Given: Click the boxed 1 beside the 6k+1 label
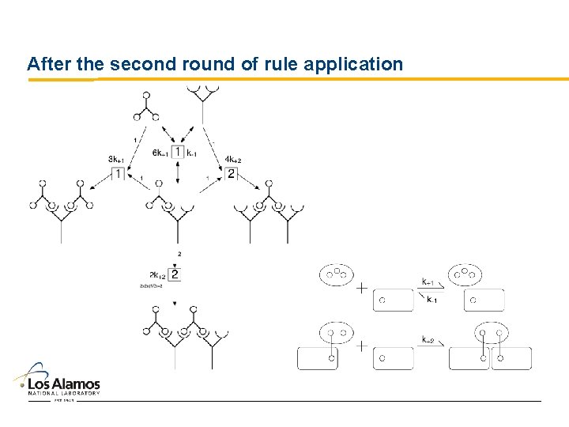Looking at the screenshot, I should tap(178, 152).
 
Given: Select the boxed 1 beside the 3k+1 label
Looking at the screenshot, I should tap(118, 173).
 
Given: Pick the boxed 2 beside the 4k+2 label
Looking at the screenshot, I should tap(232, 173).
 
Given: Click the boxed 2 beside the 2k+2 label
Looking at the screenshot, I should tap(175, 275).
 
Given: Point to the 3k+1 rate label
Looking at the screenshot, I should tap(117, 160).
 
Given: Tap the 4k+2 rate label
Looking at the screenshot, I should tap(232, 160).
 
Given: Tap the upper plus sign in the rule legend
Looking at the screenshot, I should tap(361, 289).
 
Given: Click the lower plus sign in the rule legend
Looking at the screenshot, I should tap(361, 346).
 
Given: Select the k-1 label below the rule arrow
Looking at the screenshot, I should tap(431, 300).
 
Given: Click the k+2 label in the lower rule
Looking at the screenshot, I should tap(428, 339).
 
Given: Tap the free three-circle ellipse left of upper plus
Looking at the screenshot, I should tap(336, 274).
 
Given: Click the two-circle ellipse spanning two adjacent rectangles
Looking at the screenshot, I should tap(491, 333).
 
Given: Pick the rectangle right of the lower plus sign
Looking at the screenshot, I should tap(393, 358).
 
